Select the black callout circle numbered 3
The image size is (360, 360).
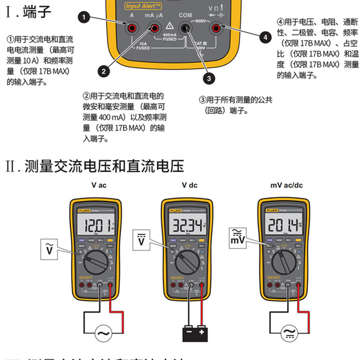[x=208, y=78]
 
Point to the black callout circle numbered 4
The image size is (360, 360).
[x=265, y=36]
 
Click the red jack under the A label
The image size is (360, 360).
[x=132, y=29]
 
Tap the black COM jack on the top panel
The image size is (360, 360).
[x=185, y=29]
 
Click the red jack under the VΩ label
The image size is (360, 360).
[x=216, y=29]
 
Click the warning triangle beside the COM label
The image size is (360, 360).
[x=170, y=25]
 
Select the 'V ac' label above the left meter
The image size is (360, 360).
[x=99, y=185]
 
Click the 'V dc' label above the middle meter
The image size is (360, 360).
[x=189, y=185]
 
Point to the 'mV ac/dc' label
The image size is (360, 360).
[x=287, y=185]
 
